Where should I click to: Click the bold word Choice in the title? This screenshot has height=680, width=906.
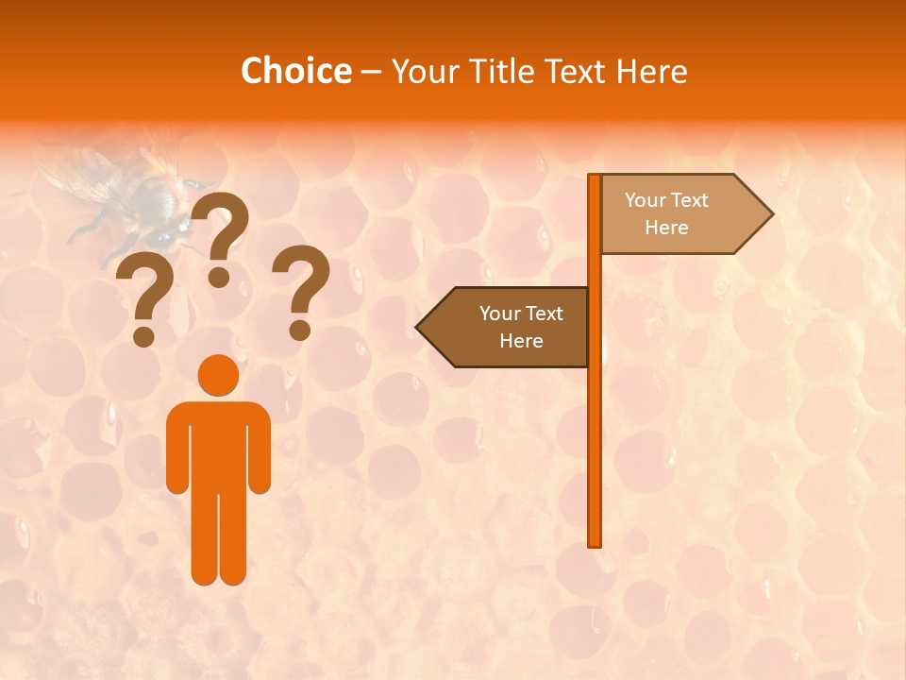[295, 71]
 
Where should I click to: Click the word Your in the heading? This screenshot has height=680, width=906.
[426, 71]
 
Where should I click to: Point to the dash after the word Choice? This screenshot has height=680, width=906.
[370, 72]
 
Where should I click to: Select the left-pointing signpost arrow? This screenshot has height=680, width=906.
[505, 327]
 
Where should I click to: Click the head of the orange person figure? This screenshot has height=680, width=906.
[218, 374]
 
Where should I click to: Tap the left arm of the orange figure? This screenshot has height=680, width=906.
[176, 449]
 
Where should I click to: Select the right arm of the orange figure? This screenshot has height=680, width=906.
[260, 449]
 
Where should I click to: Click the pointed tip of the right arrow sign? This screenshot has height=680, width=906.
[771, 214]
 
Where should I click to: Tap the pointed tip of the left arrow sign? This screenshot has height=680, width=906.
[418, 328]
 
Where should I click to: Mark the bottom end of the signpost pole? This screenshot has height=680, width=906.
[595, 544]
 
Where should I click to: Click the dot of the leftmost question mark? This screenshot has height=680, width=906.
[143, 336]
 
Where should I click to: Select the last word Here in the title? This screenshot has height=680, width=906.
[651, 71]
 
